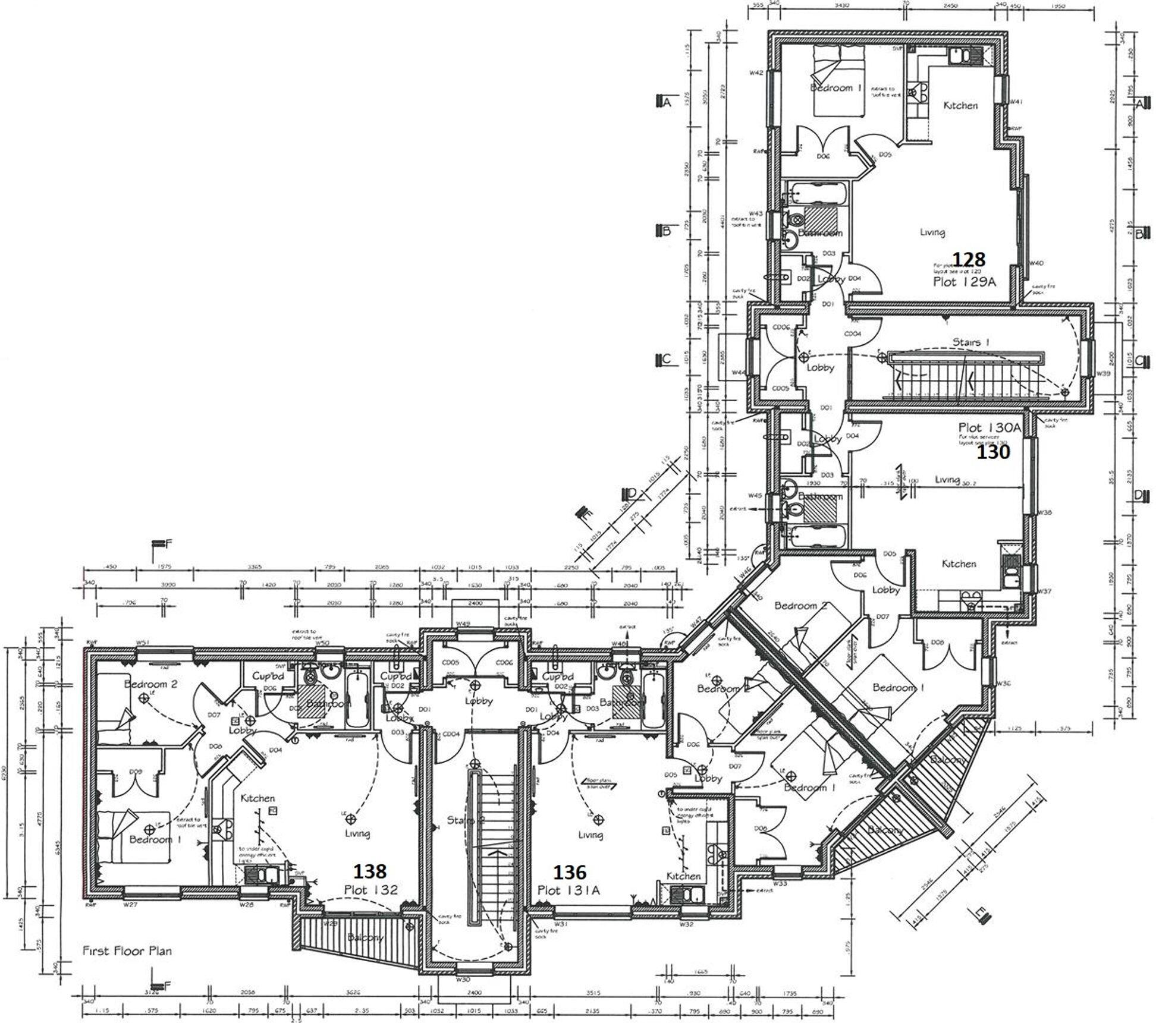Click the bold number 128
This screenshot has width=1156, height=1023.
pyautogui.click(x=969, y=259)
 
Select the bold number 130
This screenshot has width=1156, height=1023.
pyautogui.click(x=994, y=452)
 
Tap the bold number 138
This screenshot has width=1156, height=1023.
pyautogui.click(x=370, y=871)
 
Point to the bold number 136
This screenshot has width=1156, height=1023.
pyautogui.click(x=570, y=872)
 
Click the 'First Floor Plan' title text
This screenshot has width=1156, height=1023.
pyautogui.click(x=127, y=950)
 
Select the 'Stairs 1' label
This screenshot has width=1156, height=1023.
pyautogui.click(x=971, y=342)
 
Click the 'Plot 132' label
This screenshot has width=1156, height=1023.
pyautogui.click(x=370, y=890)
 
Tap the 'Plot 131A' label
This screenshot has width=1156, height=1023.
pyautogui.click(x=568, y=890)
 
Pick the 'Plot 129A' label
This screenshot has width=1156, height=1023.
pyautogui.click(x=964, y=282)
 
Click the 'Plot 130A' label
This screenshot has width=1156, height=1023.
pyautogui.click(x=989, y=427)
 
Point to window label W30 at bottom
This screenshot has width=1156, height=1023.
pyautogui.click(x=463, y=978)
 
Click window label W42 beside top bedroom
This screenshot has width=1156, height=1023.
pyautogui.click(x=756, y=73)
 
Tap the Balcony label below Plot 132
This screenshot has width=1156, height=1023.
pyautogui.click(x=365, y=937)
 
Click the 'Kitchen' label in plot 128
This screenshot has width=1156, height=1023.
pyautogui.click(x=960, y=105)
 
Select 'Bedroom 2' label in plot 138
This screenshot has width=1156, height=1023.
pyautogui.click(x=150, y=684)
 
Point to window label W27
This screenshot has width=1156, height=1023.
pyautogui.click(x=130, y=905)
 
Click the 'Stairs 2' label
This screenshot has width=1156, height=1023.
pyautogui.click(x=461, y=821)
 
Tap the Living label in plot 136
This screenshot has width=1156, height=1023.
pyautogui.click(x=590, y=835)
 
